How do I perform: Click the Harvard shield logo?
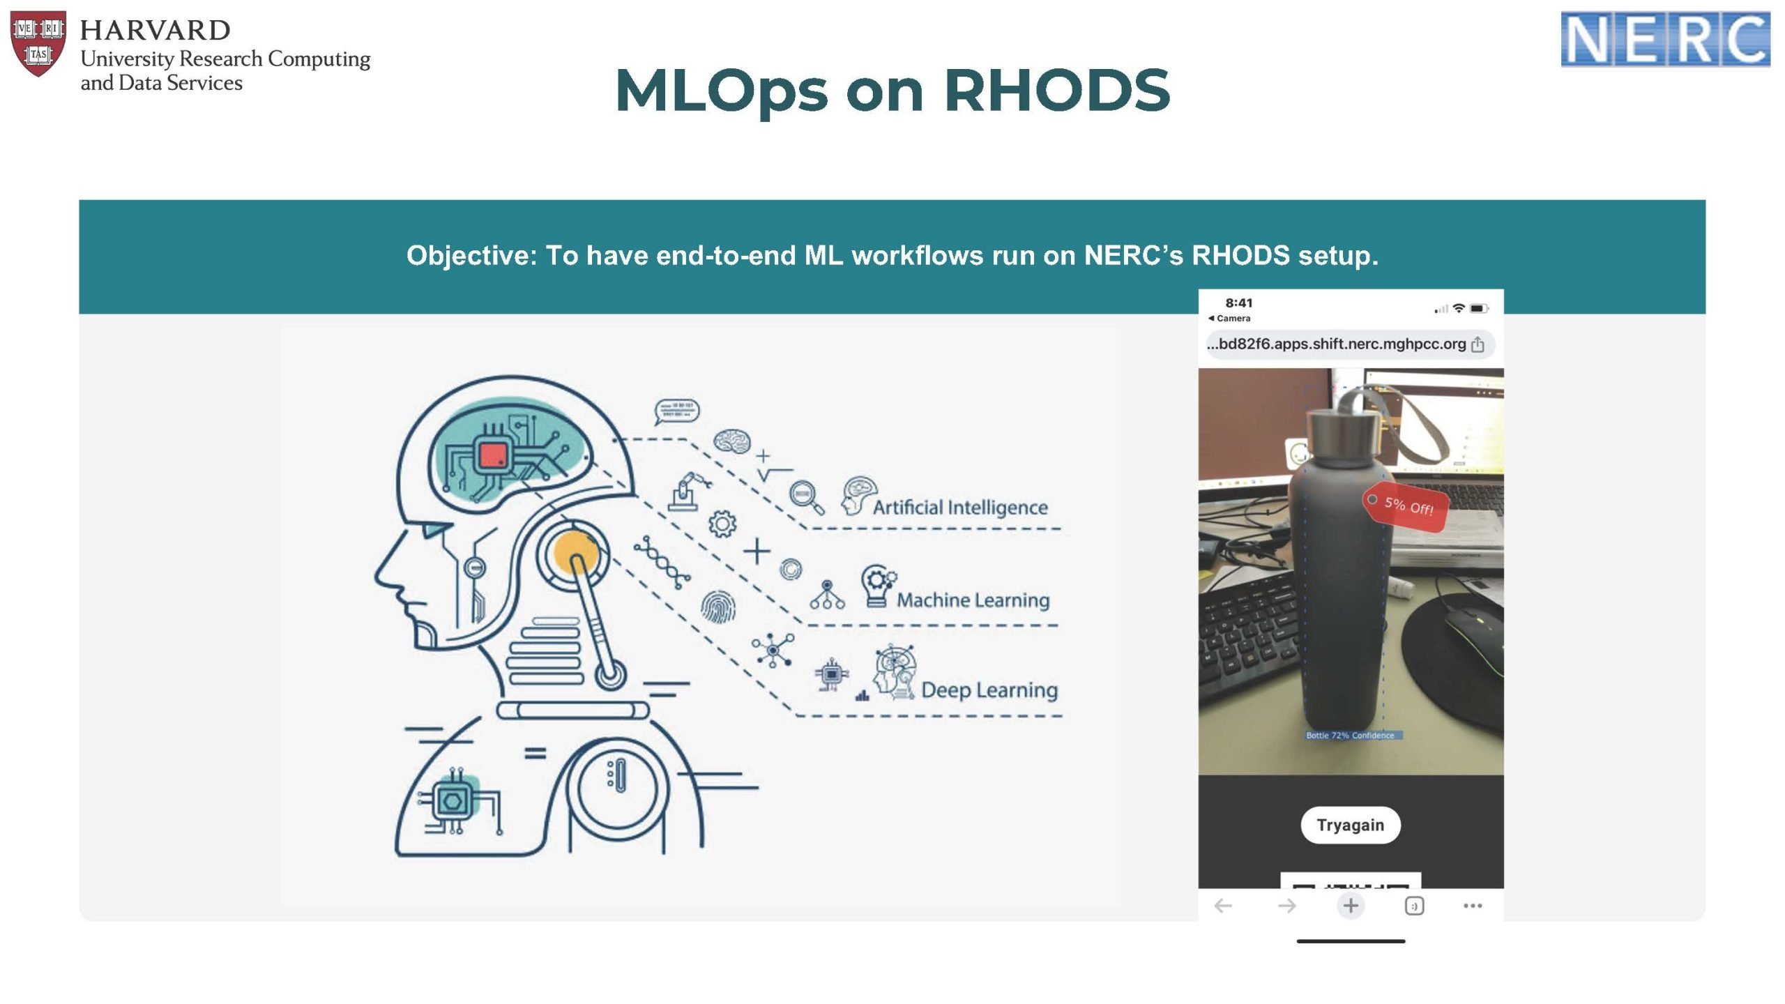(x=38, y=43)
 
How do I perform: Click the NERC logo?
(x=1664, y=40)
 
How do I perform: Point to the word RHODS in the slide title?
(x=1056, y=91)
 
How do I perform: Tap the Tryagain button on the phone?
(x=1350, y=825)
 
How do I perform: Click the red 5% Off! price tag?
(x=1406, y=505)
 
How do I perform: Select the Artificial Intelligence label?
(x=959, y=508)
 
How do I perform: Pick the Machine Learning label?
(x=973, y=600)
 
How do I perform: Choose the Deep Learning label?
(x=989, y=690)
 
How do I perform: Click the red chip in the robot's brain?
(x=494, y=457)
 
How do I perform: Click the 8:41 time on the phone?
(x=1238, y=303)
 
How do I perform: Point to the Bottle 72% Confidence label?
(x=1350, y=735)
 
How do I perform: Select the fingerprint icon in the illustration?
(x=717, y=607)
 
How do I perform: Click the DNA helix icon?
(x=662, y=563)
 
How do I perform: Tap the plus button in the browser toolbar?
(x=1350, y=906)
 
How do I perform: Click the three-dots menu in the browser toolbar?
(x=1472, y=906)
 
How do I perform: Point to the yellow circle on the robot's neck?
(x=576, y=552)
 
